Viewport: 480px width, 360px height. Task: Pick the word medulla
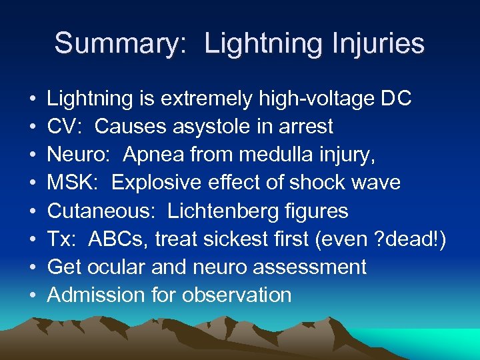[273, 155]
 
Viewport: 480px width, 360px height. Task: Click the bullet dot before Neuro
[33, 155]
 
